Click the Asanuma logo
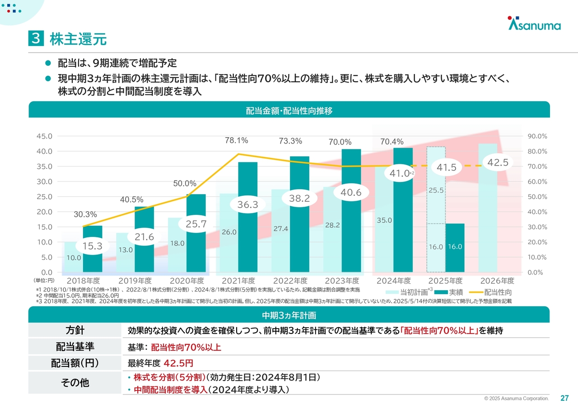534,24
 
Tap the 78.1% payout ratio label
237,140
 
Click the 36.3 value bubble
247,204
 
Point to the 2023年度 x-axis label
341,281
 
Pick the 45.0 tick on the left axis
44,136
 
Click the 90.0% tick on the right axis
537,136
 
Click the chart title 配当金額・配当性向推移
289,110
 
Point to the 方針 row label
75,330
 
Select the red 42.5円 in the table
178,363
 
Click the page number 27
564,398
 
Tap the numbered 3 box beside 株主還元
36,39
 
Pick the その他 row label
75,383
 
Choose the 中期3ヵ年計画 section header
289,315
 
